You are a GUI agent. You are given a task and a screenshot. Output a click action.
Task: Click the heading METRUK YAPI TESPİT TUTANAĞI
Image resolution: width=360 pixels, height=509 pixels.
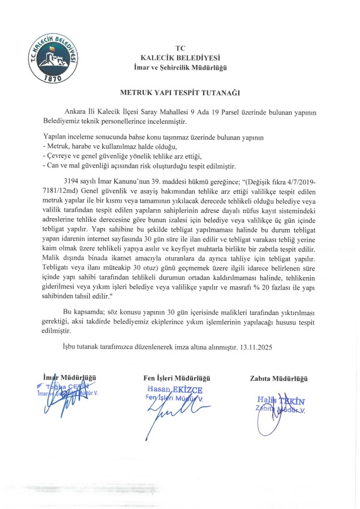tap(180, 90)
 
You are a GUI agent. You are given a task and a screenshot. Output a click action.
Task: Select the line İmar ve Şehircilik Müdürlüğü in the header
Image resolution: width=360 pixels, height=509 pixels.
tap(181, 68)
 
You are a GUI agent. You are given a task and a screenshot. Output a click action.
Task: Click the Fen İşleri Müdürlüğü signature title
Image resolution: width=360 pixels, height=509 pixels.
tap(177, 377)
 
